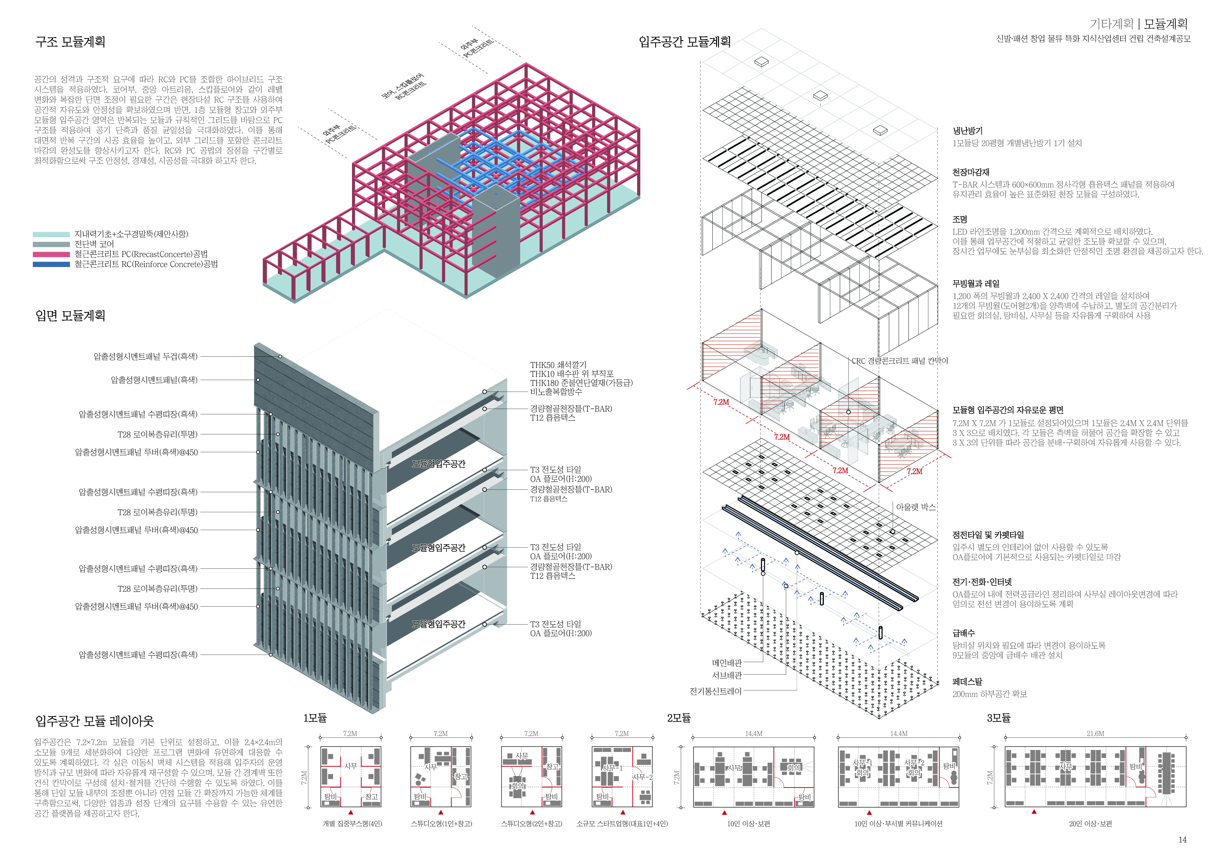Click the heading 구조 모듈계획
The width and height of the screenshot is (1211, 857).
tap(70, 42)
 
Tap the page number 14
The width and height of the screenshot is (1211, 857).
tap(1182, 840)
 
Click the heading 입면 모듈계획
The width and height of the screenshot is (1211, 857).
tap(70, 316)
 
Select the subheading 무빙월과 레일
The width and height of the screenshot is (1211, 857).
tap(976, 283)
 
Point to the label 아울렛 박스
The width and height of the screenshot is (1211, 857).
tap(916, 507)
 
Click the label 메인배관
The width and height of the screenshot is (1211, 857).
tap(727, 663)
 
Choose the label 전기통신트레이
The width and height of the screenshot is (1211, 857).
tap(716, 691)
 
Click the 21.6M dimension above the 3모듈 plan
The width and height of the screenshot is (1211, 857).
tap(1096, 734)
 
